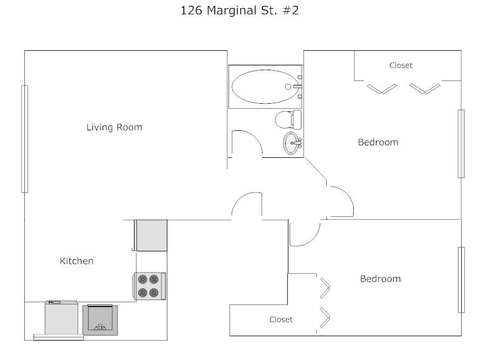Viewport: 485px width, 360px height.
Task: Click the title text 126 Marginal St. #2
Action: click(x=239, y=11)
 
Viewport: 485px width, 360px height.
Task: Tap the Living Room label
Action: click(x=114, y=128)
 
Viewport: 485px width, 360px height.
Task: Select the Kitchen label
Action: click(x=76, y=261)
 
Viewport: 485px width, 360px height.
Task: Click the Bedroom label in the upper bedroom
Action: click(x=378, y=142)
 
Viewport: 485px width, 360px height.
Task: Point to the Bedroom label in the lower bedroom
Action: click(x=380, y=279)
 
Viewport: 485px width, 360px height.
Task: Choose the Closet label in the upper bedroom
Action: click(x=401, y=65)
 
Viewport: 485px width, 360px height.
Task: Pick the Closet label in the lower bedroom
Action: click(x=281, y=319)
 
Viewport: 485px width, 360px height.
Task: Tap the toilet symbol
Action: click(x=287, y=118)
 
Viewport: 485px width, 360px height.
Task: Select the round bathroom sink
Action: click(x=292, y=143)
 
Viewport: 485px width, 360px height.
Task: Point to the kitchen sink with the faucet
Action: click(x=99, y=320)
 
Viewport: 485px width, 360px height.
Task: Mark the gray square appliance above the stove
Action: click(x=151, y=235)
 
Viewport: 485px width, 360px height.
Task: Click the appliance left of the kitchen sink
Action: click(x=61, y=319)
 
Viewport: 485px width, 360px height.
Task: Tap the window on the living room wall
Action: click(x=24, y=138)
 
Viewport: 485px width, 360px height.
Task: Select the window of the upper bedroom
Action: click(x=461, y=143)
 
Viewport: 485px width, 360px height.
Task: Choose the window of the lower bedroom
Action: click(x=461, y=279)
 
